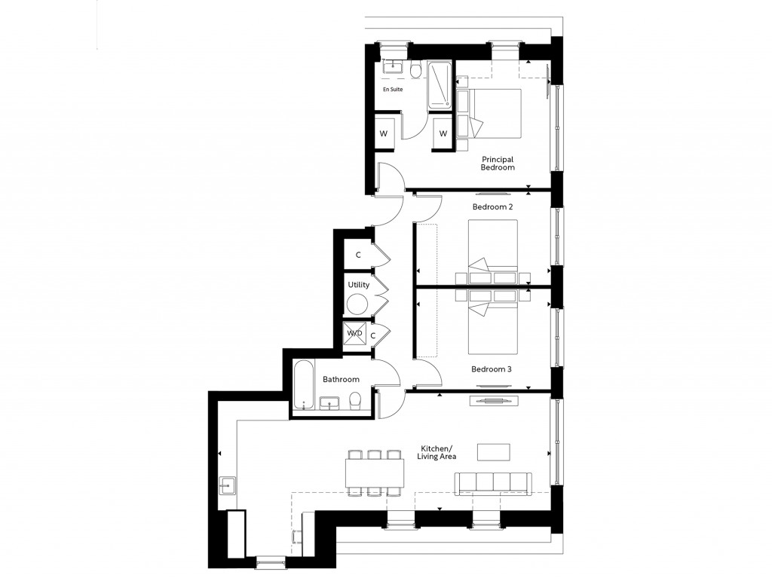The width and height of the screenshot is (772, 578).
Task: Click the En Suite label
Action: coord(392,90)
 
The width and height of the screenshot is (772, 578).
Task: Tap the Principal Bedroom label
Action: coord(498,164)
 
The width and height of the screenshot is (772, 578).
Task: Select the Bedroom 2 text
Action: coord(492,206)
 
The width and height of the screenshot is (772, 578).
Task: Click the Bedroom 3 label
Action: coord(492,369)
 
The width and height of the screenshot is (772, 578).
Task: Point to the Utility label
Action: coord(358,286)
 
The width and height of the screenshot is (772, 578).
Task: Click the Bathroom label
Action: coord(341,379)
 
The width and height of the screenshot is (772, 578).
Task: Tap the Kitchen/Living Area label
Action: coord(437,452)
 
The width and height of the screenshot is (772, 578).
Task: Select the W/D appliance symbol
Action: coord(354,332)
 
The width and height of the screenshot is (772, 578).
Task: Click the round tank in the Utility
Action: coord(357,305)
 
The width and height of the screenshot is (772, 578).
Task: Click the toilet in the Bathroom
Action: coord(356,401)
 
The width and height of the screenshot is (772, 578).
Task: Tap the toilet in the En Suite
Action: coord(415,70)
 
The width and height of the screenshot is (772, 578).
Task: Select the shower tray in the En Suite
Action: coord(440,84)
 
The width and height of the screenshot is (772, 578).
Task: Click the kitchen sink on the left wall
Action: coord(228,485)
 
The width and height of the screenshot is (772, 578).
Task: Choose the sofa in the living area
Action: coord(493,483)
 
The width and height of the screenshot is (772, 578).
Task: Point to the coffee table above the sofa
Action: coord(494,451)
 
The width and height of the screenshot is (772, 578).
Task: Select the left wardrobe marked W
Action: coord(384,134)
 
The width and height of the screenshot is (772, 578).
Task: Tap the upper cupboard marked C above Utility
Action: coord(359,255)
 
